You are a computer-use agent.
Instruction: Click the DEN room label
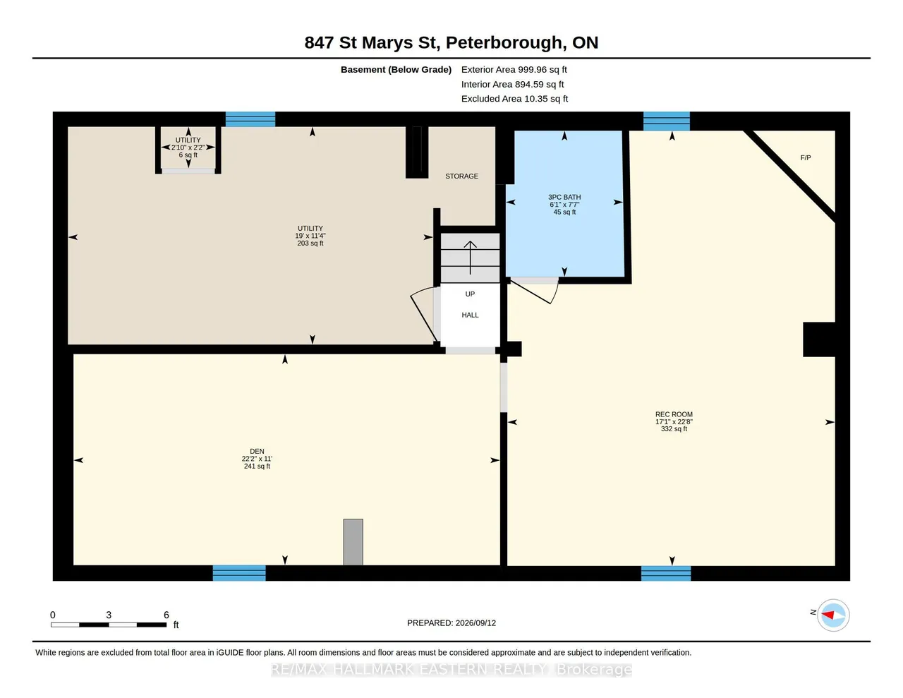click(257, 451)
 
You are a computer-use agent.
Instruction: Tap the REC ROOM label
click(674, 414)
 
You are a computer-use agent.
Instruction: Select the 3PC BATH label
click(564, 197)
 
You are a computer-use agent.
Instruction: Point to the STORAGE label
click(461, 176)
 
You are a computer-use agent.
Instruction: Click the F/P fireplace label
click(806, 157)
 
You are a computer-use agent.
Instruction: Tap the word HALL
click(470, 315)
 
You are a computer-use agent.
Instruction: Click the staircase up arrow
click(470, 258)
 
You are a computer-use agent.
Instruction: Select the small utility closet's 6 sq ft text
click(188, 155)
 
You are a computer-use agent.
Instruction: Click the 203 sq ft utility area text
click(310, 243)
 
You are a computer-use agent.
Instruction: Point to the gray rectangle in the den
click(353, 542)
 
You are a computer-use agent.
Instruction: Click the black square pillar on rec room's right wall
click(818, 339)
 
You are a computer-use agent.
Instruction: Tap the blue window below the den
click(239, 573)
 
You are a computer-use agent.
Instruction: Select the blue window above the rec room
click(667, 121)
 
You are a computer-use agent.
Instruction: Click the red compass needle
click(828, 615)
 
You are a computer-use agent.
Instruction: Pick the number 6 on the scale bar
click(166, 615)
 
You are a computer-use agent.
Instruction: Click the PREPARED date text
click(451, 622)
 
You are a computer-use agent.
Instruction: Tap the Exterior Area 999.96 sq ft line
click(514, 69)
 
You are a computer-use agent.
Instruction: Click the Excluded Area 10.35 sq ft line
click(514, 99)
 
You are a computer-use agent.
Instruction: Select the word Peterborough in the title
click(504, 42)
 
